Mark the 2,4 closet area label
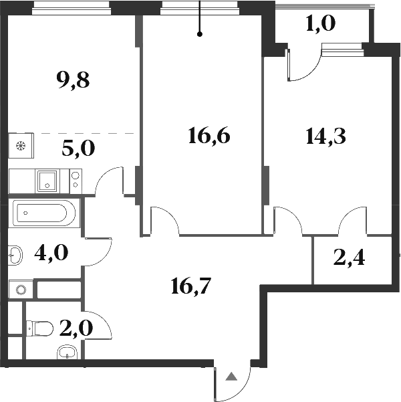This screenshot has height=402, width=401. pos(352,258)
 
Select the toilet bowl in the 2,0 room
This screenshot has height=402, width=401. pos(41,328)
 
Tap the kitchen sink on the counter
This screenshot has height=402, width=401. pos(48,180)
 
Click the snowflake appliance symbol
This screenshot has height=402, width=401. pos(20,145)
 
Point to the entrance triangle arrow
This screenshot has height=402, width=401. pos(231,377)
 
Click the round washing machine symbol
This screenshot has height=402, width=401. pos(21,290)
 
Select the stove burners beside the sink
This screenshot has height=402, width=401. pos(75,180)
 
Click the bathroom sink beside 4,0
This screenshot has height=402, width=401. pos(17,254)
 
